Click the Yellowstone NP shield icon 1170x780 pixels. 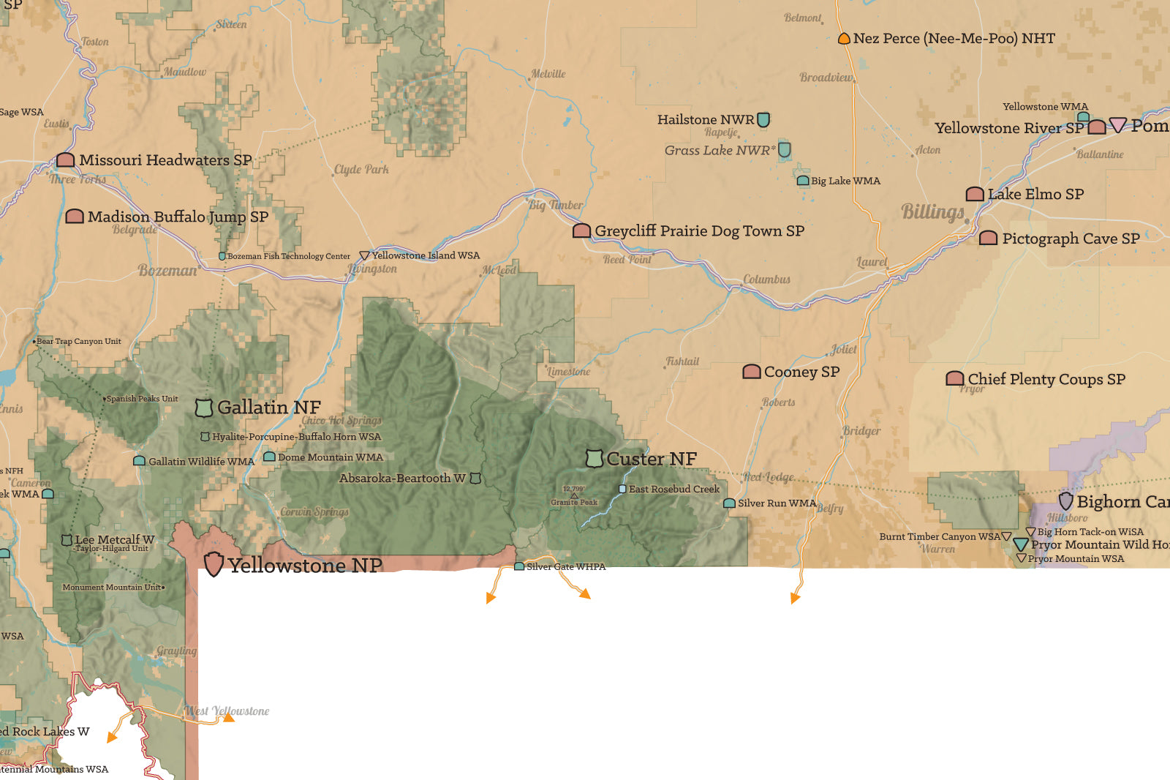pos(213,564)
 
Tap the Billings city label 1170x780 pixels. pos(933,211)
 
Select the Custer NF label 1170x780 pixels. pos(652,459)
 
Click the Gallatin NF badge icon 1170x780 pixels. pos(204,408)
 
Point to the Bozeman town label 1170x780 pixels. pos(167,270)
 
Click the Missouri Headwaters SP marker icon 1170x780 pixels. pos(66,160)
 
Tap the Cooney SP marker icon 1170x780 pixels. pos(752,372)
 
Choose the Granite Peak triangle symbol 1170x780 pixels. pos(574,495)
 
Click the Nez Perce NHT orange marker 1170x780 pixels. pos(844,38)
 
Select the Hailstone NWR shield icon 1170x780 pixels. pos(763,119)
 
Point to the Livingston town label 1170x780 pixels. pos(373,269)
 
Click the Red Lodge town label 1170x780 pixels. pos(769,477)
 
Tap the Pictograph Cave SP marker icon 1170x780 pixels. pos(988,238)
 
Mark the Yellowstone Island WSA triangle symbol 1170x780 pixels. pos(364,255)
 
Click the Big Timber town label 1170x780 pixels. pos(556,205)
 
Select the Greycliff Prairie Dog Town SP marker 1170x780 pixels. pos(581,231)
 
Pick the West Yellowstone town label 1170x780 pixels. pos(227,710)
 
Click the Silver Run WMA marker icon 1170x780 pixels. pos(729,503)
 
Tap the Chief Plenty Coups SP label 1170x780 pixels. pos(1046,379)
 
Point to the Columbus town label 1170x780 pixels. pos(766,280)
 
